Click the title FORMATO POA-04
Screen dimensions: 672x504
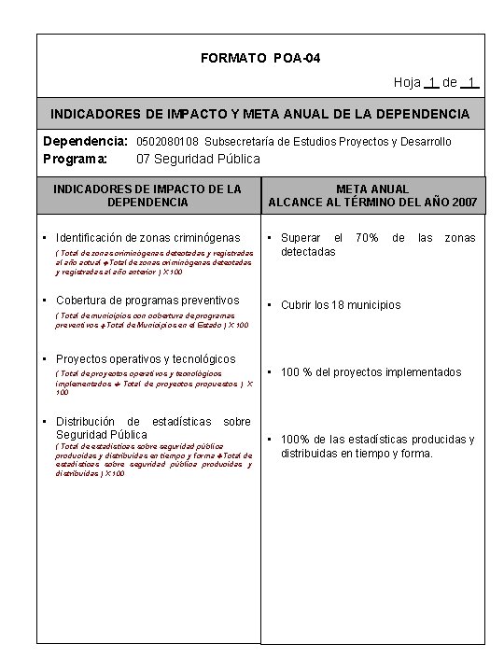[x=260, y=59]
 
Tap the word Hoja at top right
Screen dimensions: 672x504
[x=407, y=82]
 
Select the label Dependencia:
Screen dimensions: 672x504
[x=85, y=142]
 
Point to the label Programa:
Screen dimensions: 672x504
[x=76, y=159]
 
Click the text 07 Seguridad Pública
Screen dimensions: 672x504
[x=198, y=159]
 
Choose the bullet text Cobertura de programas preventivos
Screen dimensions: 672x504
[x=147, y=301]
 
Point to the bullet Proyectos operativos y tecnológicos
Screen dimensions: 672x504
[x=146, y=358]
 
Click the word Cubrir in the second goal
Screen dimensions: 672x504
[x=298, y=305]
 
